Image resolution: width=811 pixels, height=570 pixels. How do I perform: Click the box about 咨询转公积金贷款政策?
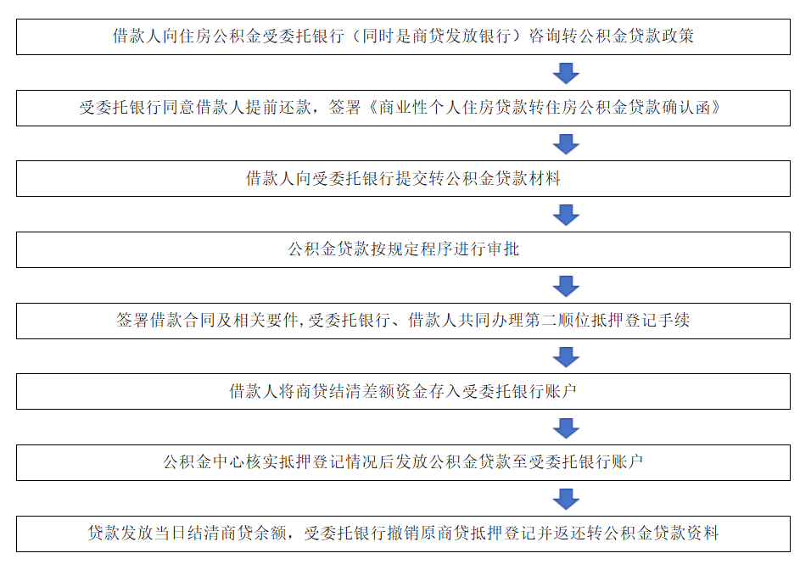click(403, 37)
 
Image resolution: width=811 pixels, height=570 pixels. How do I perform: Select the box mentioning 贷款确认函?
click(403, 108)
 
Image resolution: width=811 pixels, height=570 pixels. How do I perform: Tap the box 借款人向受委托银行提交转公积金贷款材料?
click(403, 179)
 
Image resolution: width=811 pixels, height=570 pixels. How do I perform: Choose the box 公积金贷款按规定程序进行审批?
click(403, 249)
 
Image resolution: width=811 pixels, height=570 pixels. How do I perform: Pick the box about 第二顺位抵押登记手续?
click(403, 321)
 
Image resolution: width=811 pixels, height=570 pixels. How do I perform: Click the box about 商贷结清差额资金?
click(403, 391)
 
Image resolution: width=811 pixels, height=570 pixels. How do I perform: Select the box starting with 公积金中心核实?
click(403, 462)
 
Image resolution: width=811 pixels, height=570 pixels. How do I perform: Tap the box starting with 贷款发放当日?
click(403, 534)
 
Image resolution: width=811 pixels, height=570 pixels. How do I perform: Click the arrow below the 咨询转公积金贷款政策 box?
click(566, 73)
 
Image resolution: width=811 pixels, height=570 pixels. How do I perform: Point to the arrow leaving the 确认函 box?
click(566, 144)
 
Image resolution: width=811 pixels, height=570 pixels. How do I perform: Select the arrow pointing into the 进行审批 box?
click(566, 215)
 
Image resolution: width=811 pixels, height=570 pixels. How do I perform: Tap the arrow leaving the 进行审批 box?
click(566, 286)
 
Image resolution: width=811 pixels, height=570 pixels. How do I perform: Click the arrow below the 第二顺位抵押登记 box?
click(566, 356)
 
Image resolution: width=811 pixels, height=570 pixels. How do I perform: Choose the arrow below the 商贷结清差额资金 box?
click(566, 427)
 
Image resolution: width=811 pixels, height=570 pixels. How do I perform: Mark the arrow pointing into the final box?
click(566, 498)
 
